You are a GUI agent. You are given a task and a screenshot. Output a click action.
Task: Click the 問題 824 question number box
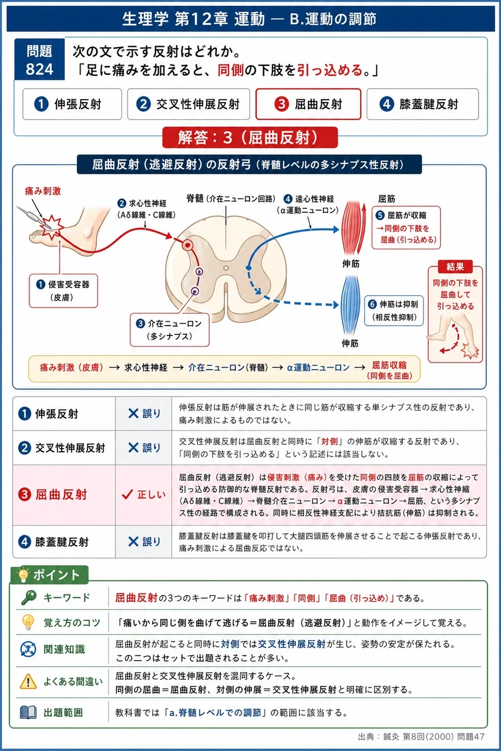tap(39, 59)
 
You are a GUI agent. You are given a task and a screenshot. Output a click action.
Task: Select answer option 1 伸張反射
tap(72, 104)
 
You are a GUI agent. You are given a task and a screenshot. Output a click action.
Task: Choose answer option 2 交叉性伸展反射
tap(189, 104)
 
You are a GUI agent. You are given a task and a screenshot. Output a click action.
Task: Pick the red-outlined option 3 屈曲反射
tap(308, 104)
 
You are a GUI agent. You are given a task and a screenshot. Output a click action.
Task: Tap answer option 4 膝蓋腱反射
tap(422, 104)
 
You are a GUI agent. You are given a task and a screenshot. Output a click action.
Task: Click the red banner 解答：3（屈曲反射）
tap(250, 137)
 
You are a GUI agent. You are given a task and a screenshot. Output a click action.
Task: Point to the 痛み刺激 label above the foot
tap(43, 191)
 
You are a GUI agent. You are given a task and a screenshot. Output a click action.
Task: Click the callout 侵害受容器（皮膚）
tap(63, 290)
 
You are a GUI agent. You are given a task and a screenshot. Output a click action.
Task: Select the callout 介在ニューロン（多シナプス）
tap(170, 330)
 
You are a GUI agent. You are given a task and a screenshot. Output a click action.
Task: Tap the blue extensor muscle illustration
tap(350, 305)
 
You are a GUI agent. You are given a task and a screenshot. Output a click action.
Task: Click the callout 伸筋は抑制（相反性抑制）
tap(394, 311)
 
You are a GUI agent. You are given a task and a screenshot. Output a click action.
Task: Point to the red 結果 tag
tap(455, 267)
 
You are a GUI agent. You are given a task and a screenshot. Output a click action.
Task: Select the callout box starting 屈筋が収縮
tap(406, 228)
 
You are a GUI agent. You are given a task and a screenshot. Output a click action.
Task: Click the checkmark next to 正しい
tap(127, 494)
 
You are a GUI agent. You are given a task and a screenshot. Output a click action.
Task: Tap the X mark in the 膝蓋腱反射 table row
tap(133, 542)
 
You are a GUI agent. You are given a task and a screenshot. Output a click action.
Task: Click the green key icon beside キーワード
tap(29, 597)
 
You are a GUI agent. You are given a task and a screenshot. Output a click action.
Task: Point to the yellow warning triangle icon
tap(28, 682)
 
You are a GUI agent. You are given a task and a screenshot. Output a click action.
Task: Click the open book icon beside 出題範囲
tap(28, 712)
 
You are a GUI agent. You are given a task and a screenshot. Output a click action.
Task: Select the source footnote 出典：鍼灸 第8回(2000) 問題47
tap(421, 736)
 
